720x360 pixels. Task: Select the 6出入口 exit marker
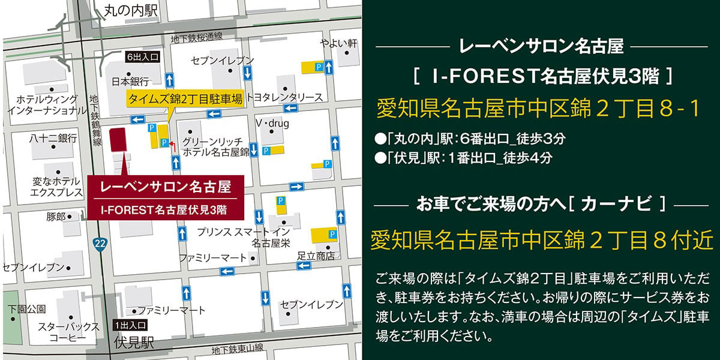coord(142,58)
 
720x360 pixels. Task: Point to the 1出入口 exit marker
coord(130,326)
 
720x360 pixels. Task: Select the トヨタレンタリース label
coord(284,97)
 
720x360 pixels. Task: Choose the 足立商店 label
coord(316,255)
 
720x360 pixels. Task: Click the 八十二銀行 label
coord(53,139)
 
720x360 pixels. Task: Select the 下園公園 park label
coord(27,310)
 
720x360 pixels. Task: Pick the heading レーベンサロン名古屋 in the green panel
coord(541,46)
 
